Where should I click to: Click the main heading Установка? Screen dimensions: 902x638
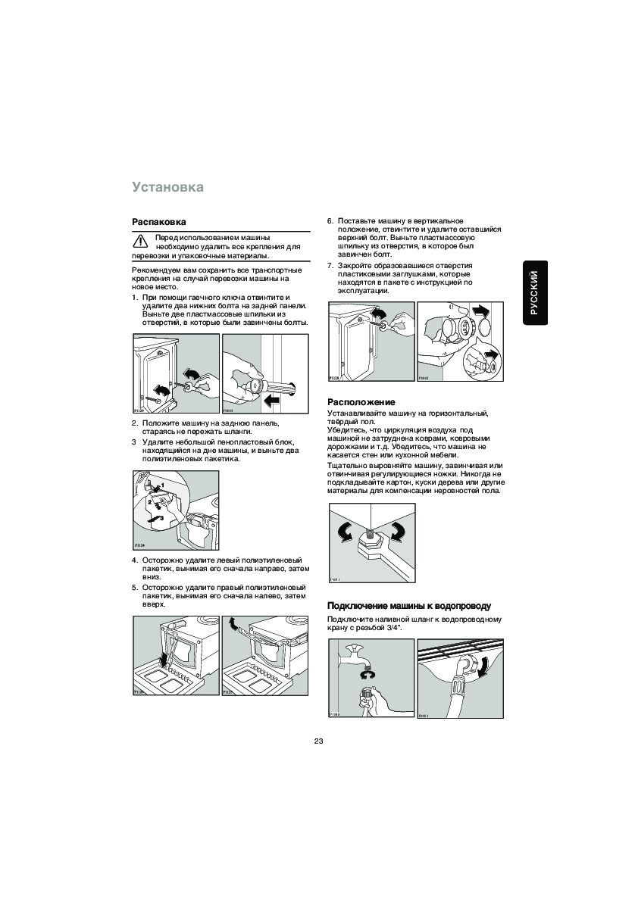[x=167, y=186]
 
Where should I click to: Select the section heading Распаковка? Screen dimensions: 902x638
[x=159, y=222]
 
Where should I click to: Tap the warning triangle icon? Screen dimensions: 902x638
[x=141, y=242]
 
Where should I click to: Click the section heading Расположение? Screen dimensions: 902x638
[x=361, y=401]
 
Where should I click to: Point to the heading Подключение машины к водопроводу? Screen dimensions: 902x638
[x=409, y=606]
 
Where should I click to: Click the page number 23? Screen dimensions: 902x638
[x=318, y=741]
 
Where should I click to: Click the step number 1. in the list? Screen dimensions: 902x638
[x=135, y=298]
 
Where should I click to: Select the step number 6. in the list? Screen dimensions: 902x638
[x=330, y=220]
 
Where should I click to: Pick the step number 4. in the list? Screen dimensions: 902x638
[x=135, y=560]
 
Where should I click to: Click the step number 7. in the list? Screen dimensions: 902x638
[x=330, y=266]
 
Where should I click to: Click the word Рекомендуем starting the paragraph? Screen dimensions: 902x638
[x=155, y=270]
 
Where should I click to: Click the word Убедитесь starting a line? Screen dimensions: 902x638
[x=346, y=429]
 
